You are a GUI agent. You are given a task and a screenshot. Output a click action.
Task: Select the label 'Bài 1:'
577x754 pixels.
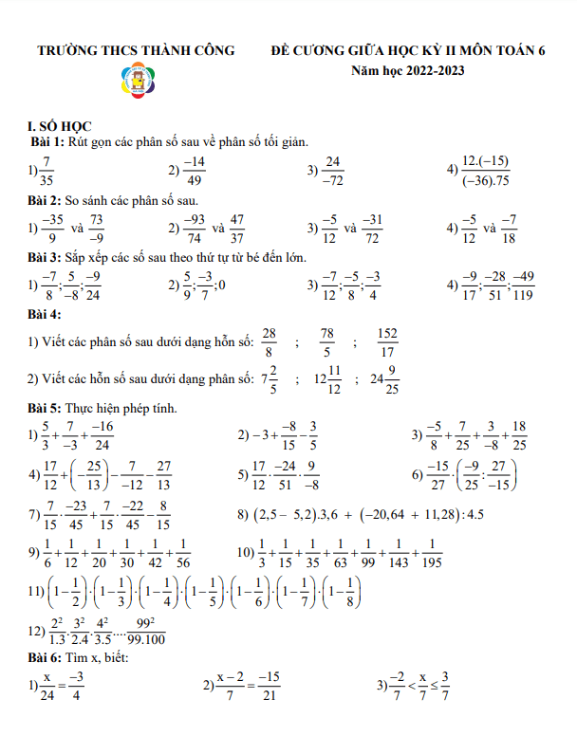click(x=46, y=141)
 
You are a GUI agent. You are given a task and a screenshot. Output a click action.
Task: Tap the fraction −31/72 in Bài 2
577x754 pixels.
click(x=372, y=229)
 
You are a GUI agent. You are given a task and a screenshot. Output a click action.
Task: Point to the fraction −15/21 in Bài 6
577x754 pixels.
click(x=270, y=685)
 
